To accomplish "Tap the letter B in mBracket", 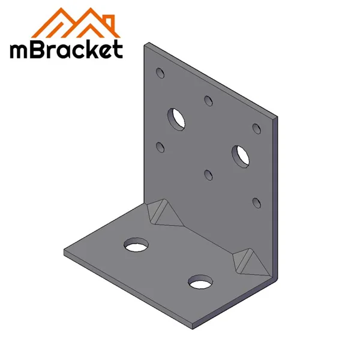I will click(45, 49).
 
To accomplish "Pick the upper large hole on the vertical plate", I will click(177, 118).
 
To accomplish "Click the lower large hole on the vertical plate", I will click(241, 154).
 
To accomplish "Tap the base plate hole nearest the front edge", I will click(200, 281).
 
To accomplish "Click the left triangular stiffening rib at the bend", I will click(162, 214).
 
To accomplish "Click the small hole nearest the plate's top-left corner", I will click(160, 73).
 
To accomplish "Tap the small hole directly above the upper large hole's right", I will click(208, 100).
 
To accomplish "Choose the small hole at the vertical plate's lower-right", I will click(256, 202).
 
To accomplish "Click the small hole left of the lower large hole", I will click(208, 175).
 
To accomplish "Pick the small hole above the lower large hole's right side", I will click(256, 128).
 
